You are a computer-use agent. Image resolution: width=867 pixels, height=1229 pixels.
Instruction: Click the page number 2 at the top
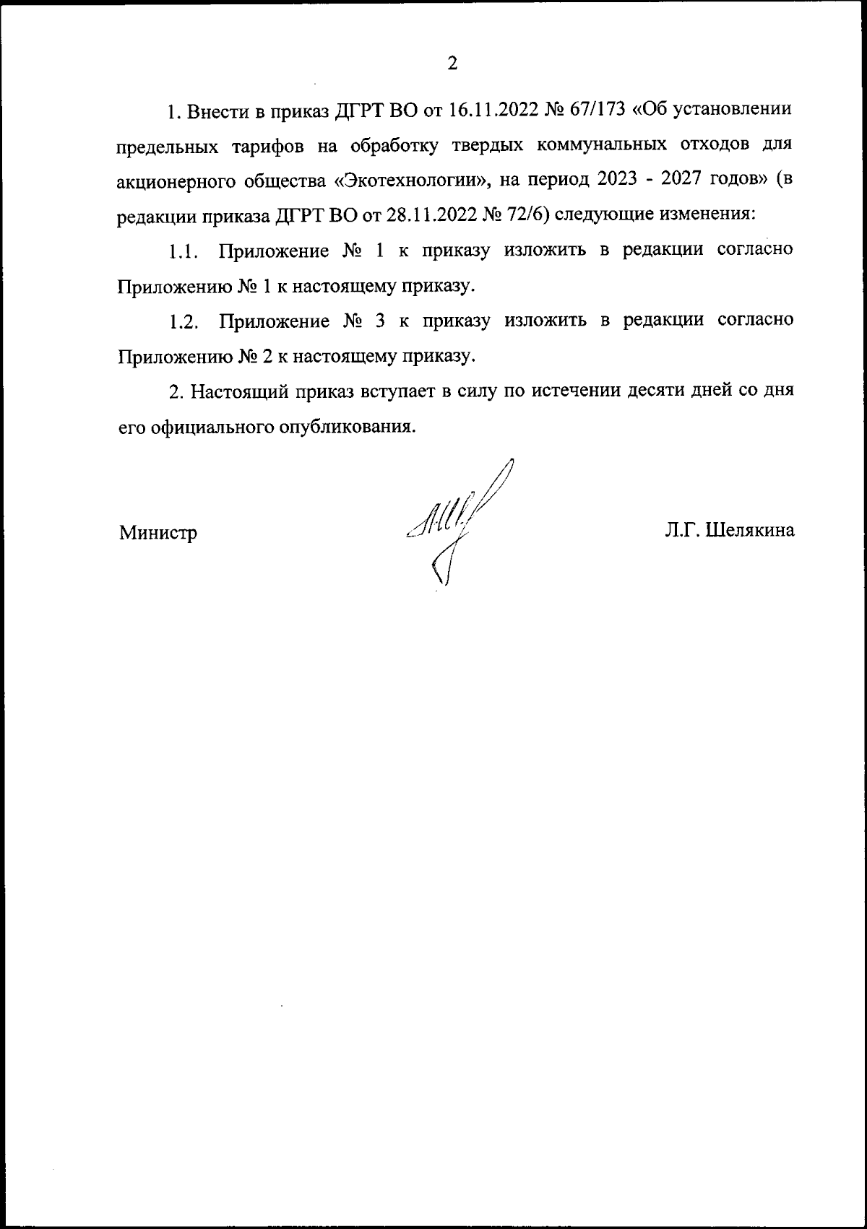(452, 64)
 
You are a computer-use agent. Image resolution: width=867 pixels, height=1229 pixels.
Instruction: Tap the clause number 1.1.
(184, 251)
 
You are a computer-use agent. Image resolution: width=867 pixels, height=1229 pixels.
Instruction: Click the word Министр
(158, 533)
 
